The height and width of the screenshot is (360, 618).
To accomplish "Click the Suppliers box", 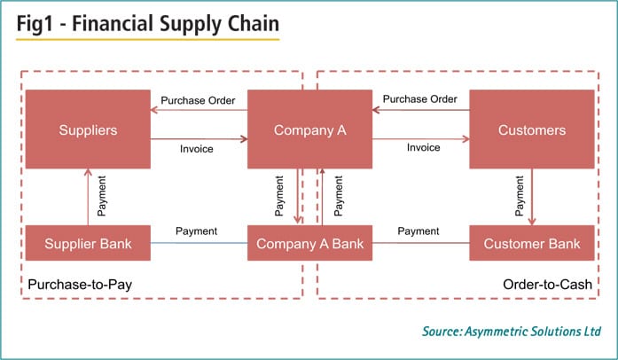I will tap(88, 130).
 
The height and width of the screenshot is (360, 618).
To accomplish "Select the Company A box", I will tap(309, 130).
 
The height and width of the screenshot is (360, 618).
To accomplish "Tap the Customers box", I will tap(531, 130).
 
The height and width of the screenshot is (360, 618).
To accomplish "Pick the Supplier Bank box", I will tap(88, 243).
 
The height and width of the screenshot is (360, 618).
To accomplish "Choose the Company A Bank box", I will tap(309, 243).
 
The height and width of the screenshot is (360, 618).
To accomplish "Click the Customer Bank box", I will tap(531, 243).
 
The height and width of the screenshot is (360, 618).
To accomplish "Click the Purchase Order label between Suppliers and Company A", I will tap(198, 100).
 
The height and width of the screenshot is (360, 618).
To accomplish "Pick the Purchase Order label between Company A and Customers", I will tap(419, 100).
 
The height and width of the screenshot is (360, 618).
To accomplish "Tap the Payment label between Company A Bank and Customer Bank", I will tap(419, 231).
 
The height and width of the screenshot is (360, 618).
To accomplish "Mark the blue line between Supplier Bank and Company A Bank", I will tap(198, 242).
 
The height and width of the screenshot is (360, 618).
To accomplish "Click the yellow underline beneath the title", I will tap(147, 40).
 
